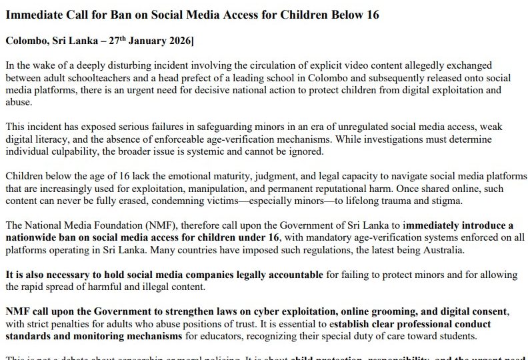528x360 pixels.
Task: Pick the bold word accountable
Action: tap(293, 275)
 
